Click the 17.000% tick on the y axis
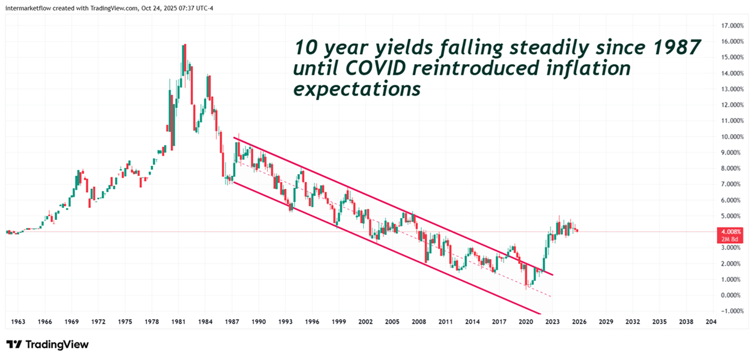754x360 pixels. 724,26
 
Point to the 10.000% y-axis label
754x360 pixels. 724,136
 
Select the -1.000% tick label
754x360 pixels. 724,311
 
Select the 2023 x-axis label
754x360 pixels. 552,321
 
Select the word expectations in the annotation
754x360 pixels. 357,89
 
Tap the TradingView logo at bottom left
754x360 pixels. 47,344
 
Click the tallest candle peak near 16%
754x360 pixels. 184,45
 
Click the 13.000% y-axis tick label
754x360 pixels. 724,89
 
